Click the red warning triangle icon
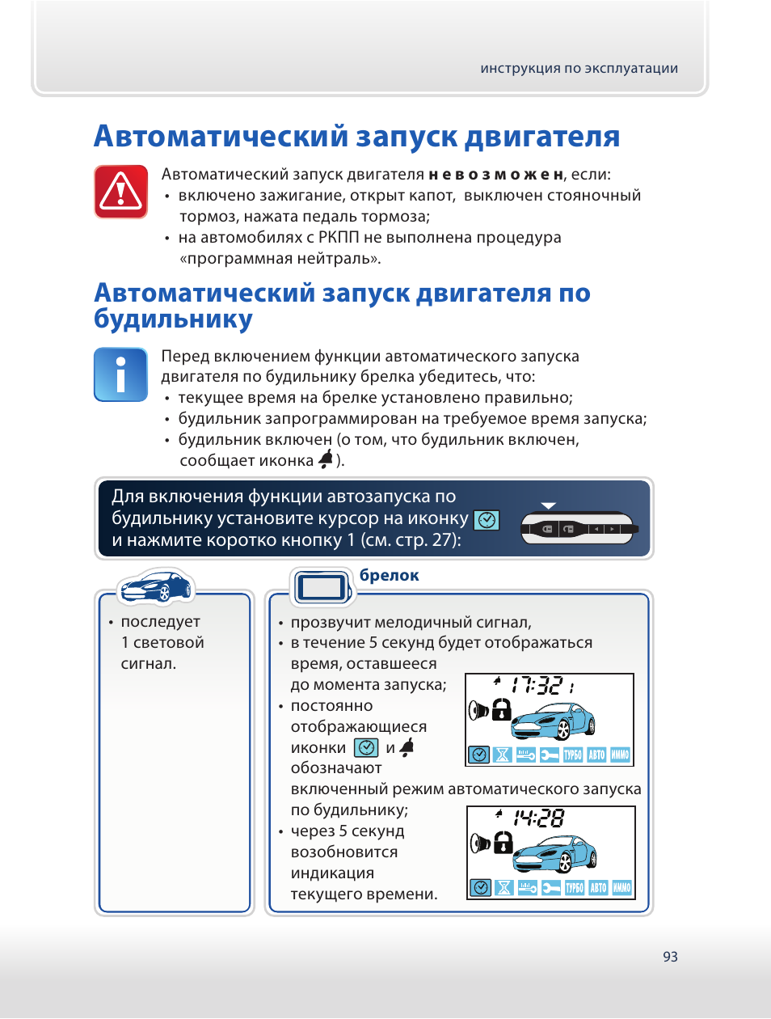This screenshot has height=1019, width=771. pyautogui.click(x=120, y=192)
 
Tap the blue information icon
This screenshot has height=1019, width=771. pyautogui.click(x=120, y=374)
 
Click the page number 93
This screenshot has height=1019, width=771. pyautogui.click(x=670, y=957)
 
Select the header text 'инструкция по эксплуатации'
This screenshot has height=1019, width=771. pyautogui.click(x=579, y=69)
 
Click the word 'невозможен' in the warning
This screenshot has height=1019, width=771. pyautogui.click(x=495, y=175)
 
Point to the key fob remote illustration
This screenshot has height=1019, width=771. pyautogui.click(x=579, y=529)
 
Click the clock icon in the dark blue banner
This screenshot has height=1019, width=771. pyautogui.click(x=487, y=520)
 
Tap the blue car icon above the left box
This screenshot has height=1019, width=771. pyautogui.click(x=156, y=587)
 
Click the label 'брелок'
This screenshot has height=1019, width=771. pyautogui.click(x=389, y=575)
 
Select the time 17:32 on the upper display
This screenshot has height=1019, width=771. pyautogui.click(x=537, y=686)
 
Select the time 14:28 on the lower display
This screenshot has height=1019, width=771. pyautogui.click(x=538, y=818)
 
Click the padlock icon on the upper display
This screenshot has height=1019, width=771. pyautogui.click(x=502, y=709)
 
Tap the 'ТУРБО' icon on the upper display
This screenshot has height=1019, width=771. pyautogui.click(x=573, y=755)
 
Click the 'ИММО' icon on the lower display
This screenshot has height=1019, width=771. pyautogui.click(x=621, y=888)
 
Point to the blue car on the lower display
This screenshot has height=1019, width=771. pyautogui.click(x=554, y=853)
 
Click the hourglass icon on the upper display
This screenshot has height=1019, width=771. pyautogui.click(x=502, y=755)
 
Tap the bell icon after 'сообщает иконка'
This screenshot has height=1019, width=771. pyautogui.click(x=326, y=459)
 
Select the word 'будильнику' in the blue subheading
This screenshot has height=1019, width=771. pyautogui.click(x=173, y=319)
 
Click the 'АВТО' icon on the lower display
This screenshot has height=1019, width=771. pyautogui.click(x=598, y=888)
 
